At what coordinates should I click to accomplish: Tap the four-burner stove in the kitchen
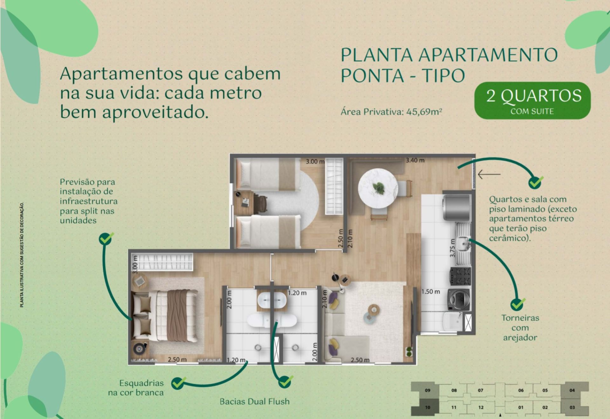(x=460, y=276)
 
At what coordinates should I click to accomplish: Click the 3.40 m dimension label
(x=415, y=160)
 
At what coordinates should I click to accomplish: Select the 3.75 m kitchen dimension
(x=453, y=248)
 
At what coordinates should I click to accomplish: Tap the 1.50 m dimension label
(x=431, y=292)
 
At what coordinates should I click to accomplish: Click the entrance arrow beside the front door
(x=489, y=174)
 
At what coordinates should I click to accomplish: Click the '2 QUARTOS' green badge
(x=532, y=101)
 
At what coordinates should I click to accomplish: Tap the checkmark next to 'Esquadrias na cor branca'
(x=179, y=383)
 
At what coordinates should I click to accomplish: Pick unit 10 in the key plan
(x=428, y=407)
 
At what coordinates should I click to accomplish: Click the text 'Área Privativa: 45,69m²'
(x=391, y=112)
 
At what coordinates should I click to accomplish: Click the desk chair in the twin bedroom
(x=260, y=202)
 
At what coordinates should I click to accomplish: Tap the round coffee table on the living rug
(x=374, y=309)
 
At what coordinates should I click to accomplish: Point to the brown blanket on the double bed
(x=177, y=316)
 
